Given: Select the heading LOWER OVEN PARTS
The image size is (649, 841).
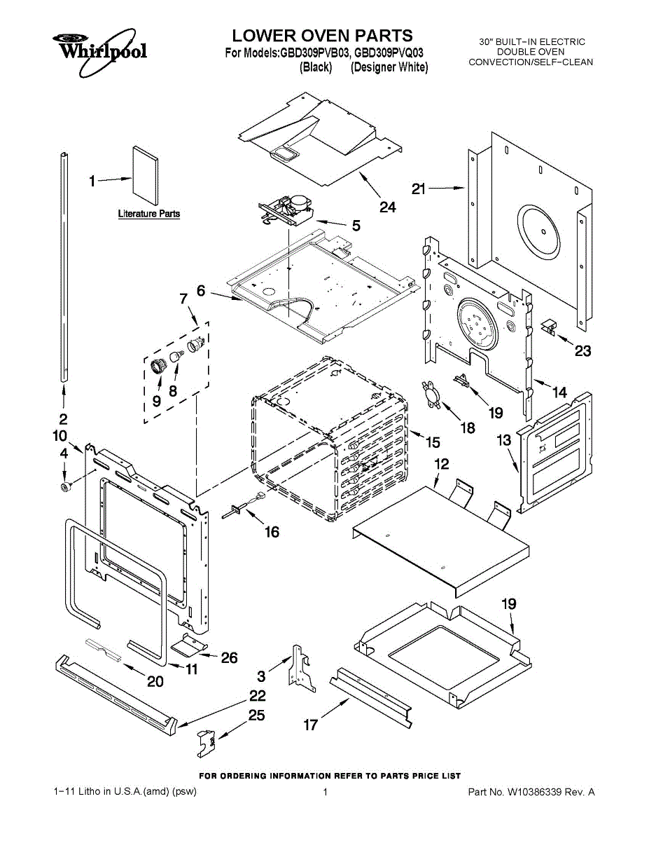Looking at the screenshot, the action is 322,36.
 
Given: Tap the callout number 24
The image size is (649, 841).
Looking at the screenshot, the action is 388,207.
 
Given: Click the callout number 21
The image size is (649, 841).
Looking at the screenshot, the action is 418,189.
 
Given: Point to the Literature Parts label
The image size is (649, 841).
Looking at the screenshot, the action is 149,214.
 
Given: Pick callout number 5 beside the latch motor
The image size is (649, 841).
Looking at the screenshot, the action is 356,225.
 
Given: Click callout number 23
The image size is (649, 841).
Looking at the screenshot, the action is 583,351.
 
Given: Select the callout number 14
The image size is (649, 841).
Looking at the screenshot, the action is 559,392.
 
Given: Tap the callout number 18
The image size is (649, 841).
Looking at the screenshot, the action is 468,428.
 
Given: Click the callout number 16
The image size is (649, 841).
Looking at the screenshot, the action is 272,532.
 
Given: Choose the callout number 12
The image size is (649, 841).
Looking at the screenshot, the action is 442,464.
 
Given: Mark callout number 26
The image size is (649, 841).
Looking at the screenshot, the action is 229,657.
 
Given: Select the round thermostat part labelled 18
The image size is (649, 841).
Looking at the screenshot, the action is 433,393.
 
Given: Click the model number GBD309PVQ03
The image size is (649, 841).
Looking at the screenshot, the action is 389,53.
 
